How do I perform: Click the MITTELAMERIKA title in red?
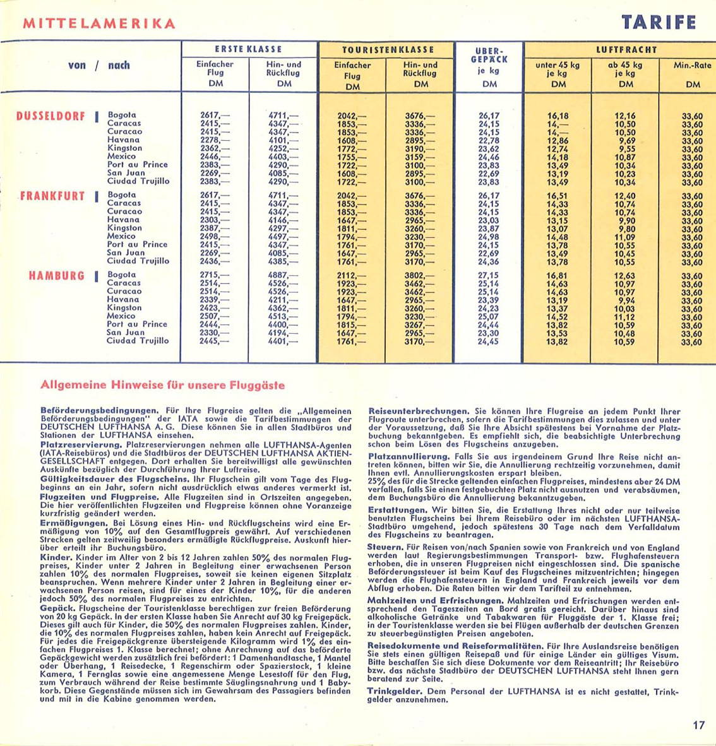[x=98, y=24]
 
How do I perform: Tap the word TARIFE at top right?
[x=659, y=23]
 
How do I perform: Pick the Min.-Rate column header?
[x=693, y=64]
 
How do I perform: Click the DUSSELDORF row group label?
[x=51, y=116]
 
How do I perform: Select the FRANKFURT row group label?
[x=52, y=196]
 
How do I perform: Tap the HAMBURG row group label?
[x=56, y=276]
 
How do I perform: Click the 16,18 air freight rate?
[x=558, y=116]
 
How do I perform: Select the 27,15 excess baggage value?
[x=488, y=276]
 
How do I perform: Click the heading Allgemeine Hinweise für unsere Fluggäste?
[x=162, y=385]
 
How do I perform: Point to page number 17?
[x=698, y=725]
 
